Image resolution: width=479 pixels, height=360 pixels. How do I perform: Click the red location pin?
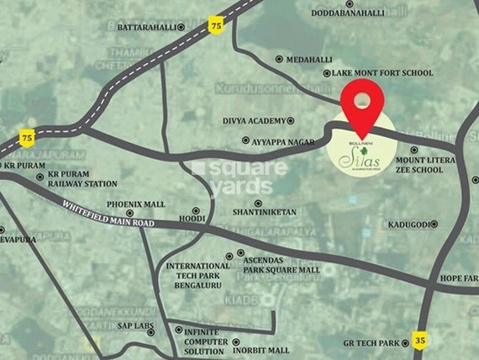coord(362,108)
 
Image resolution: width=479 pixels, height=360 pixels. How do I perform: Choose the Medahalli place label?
coord(310,60)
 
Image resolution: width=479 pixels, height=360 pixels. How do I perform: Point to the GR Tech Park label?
coord(376,342)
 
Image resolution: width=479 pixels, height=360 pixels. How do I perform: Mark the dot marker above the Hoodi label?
coord(196,210)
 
